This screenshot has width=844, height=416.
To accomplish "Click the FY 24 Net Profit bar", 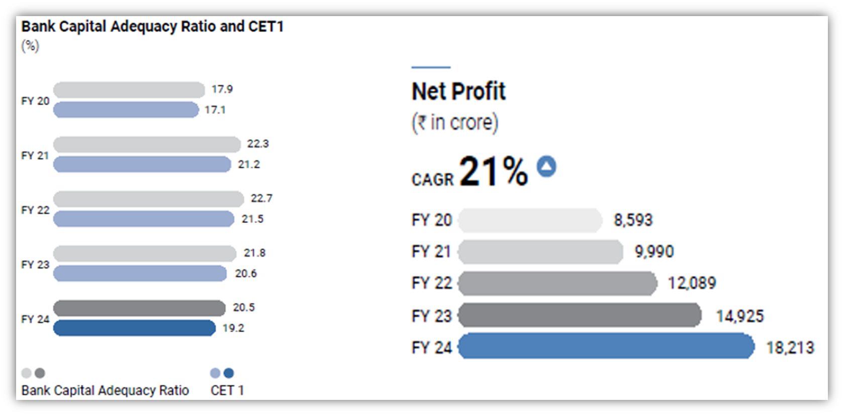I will pyautogui.click(x=606, y=347).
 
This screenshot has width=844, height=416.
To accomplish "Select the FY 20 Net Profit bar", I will pyautogui.click(x=530, y=220).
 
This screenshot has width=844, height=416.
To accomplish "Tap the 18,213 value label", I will pyautogui.click(x=790, y=348).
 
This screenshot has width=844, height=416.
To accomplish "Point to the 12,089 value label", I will pyautogui.click(x=691, y=283).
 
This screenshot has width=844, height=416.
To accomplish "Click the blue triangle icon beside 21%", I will pyautogui.click(x=546, y=166).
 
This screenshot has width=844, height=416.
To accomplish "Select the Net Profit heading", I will pyautogui.click(x=458, y=91).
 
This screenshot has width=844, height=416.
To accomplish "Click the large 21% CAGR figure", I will pyautogui.click(x=493, y=171).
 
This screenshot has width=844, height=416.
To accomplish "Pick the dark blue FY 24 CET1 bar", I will pyautogui.click(x=134, y=328).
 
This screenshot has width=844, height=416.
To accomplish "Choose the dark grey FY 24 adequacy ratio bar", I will pyautogui.click(x=139, y=308).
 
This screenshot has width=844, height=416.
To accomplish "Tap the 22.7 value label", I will pyautogui.click(x=261, y=198).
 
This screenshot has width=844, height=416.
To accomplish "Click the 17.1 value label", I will pyautogui.click(x=215, y=110).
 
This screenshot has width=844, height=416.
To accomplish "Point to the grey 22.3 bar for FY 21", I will pyautogui.click(x=147, y=145).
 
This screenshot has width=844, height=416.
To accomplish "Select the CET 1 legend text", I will pyautogui.click(x=227, y=390).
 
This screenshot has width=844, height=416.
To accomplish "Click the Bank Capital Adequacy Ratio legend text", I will pyautogui.click(x=105, y=390).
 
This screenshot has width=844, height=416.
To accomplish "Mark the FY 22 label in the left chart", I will pyautogui.click(x=35, y=210).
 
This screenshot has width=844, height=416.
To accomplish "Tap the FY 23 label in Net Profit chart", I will pyautogui.click(x=432, y=316).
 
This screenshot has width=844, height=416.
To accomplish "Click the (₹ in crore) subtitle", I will pyautogui.click(x=455, y=123).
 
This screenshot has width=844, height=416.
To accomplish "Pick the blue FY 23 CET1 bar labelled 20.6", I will pyautogui.click(x=140, y=274).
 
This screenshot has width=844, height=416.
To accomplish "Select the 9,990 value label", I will pyautogui.click(x=653, y=252).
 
